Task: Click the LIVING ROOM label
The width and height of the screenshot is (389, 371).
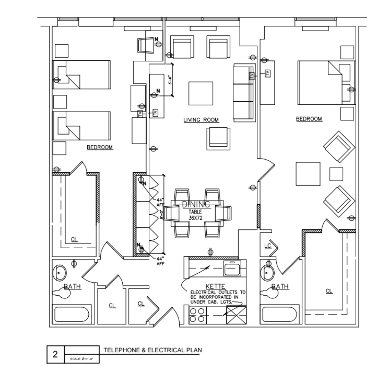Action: click(201, 120)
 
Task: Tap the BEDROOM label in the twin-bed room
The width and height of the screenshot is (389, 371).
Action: click(100, 147)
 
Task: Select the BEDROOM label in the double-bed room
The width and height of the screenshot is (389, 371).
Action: click(309, 119)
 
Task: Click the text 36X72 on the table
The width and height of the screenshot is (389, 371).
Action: click(195, 218)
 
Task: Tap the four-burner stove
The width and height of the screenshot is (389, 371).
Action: click(197, 315)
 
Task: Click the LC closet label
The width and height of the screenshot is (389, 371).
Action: click(268, 246)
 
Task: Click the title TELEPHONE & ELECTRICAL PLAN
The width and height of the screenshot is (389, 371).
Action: click(153, 350)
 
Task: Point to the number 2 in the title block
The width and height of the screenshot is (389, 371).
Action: click(55, 354)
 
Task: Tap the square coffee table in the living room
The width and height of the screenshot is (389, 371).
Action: click(200, 93)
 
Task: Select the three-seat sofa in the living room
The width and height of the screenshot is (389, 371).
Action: click(244, 93)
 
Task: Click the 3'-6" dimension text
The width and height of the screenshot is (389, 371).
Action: click(170, 80)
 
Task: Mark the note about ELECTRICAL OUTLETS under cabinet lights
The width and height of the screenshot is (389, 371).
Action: click(218, 297)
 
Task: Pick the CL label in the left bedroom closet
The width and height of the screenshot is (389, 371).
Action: click(75, 239)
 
